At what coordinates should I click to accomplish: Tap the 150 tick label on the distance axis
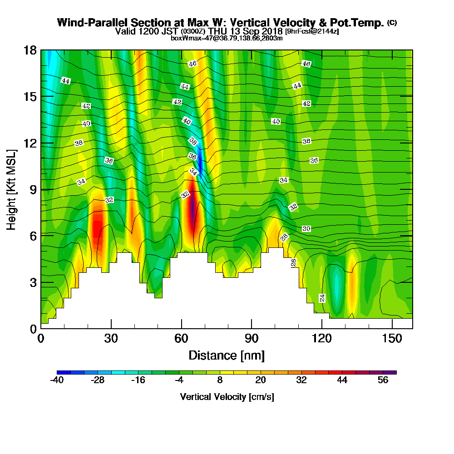point(391,338)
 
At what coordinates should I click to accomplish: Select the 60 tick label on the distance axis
point(182,338)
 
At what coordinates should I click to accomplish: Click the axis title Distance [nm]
point(227,355)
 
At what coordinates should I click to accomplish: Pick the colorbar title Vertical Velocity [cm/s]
point(227,397)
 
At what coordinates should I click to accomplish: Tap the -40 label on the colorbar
point(57,380)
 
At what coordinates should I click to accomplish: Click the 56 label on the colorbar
point(383,380)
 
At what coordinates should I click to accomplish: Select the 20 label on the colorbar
point(260,380)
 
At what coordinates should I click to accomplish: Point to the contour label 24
point(322,298)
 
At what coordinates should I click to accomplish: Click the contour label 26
point(293,262)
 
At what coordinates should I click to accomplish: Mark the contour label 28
point(285,237)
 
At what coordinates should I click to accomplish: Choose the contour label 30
point(306,229)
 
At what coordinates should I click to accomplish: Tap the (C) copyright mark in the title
point(392,22)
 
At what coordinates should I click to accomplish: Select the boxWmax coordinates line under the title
point(227,38)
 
